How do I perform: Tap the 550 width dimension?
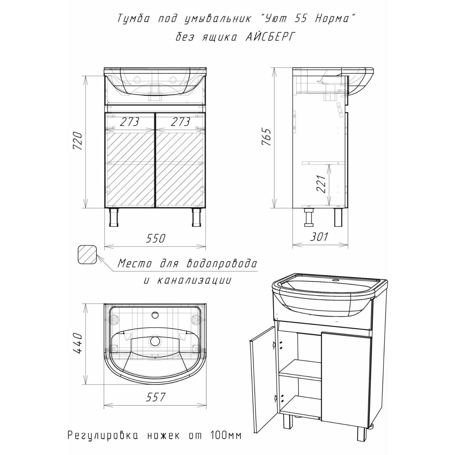(155, 238)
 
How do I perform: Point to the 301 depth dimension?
(319, 237)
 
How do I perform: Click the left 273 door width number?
(129, 122)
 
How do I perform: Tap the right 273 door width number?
(180, 122)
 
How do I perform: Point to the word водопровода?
(222, 264)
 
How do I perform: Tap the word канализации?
(194, 281)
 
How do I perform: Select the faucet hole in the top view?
(155, 315)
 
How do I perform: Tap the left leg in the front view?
(114, 217)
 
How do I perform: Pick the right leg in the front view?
(197, 217)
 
